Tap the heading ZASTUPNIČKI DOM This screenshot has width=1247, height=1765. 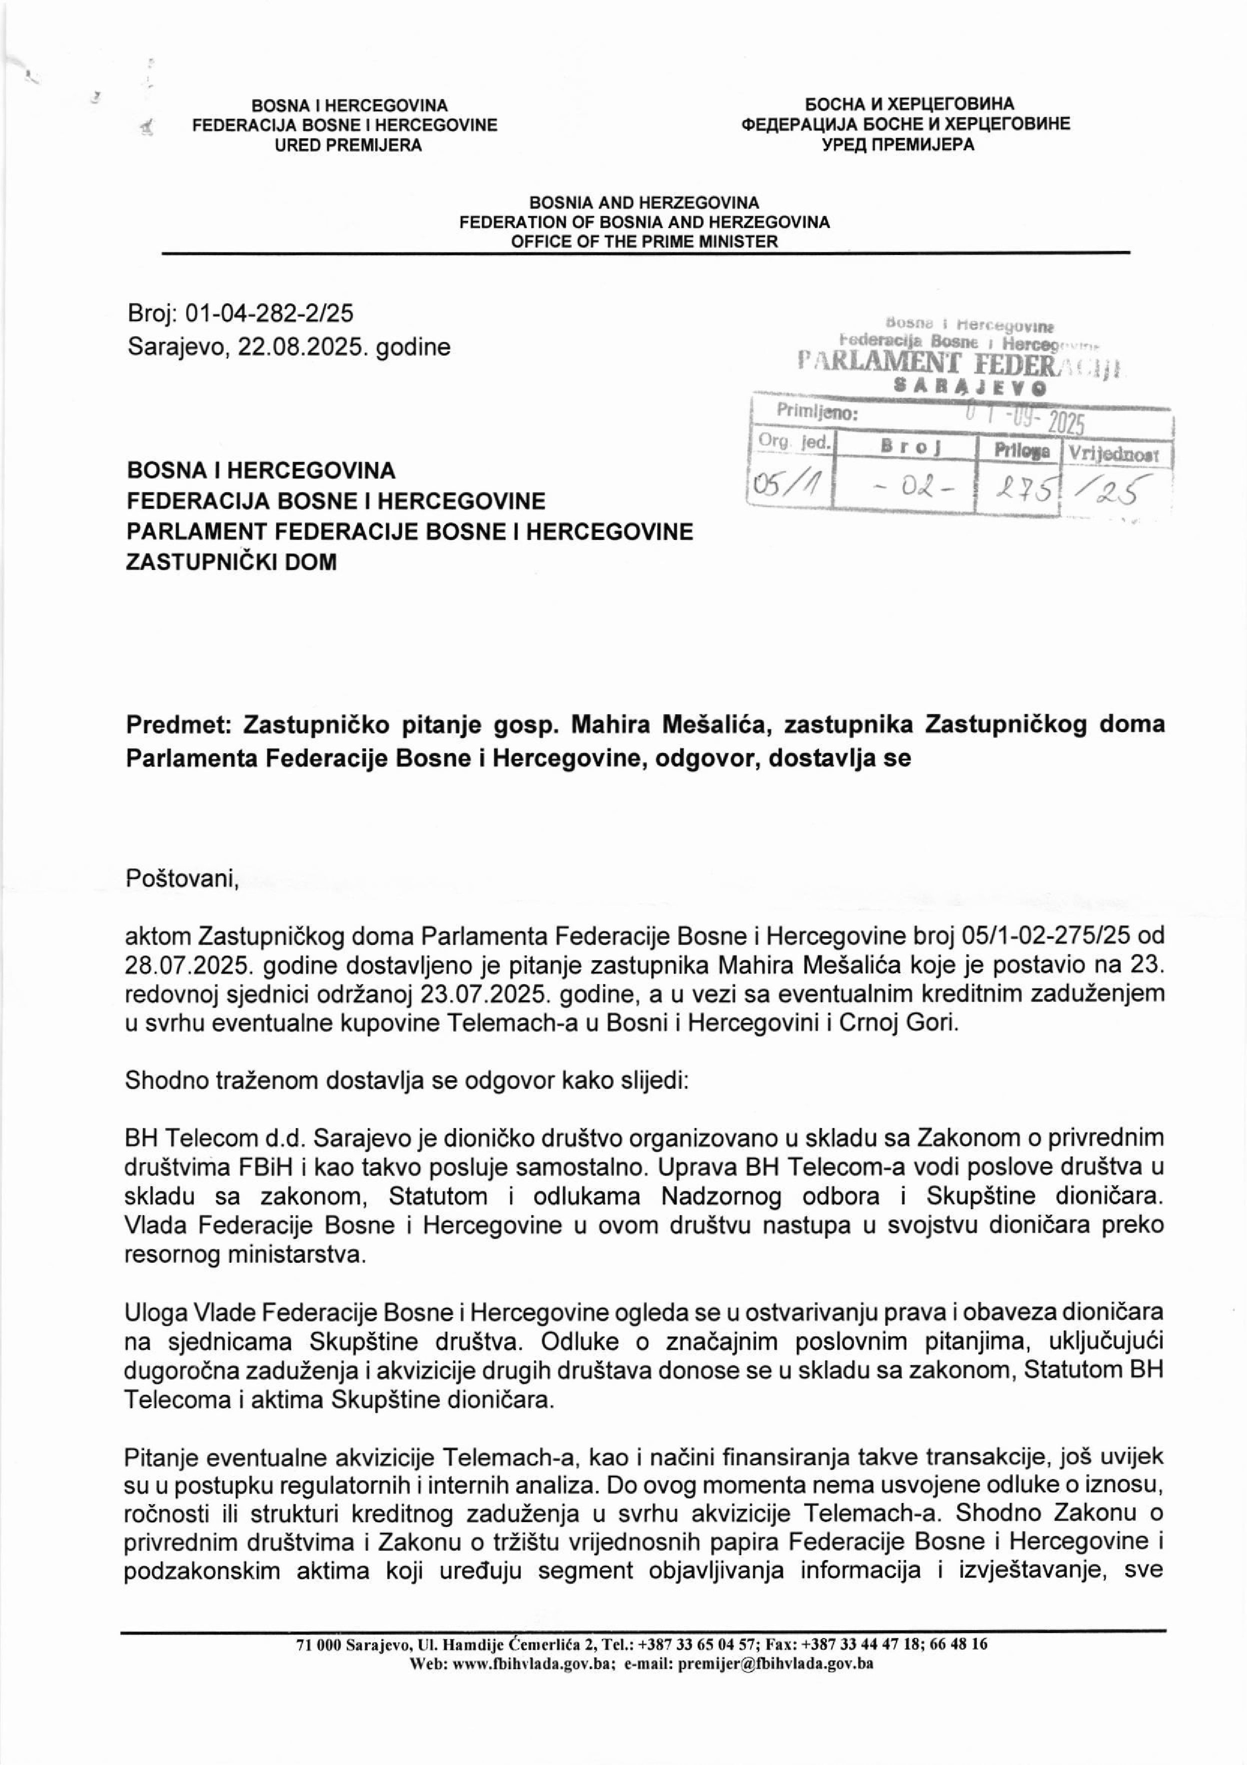[x=231, y=562]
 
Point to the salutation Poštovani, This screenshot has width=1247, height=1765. [x=183, y=879]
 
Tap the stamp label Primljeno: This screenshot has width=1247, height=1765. [x=816, y=411]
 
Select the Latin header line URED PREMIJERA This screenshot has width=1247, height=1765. [x=348, y=144]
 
